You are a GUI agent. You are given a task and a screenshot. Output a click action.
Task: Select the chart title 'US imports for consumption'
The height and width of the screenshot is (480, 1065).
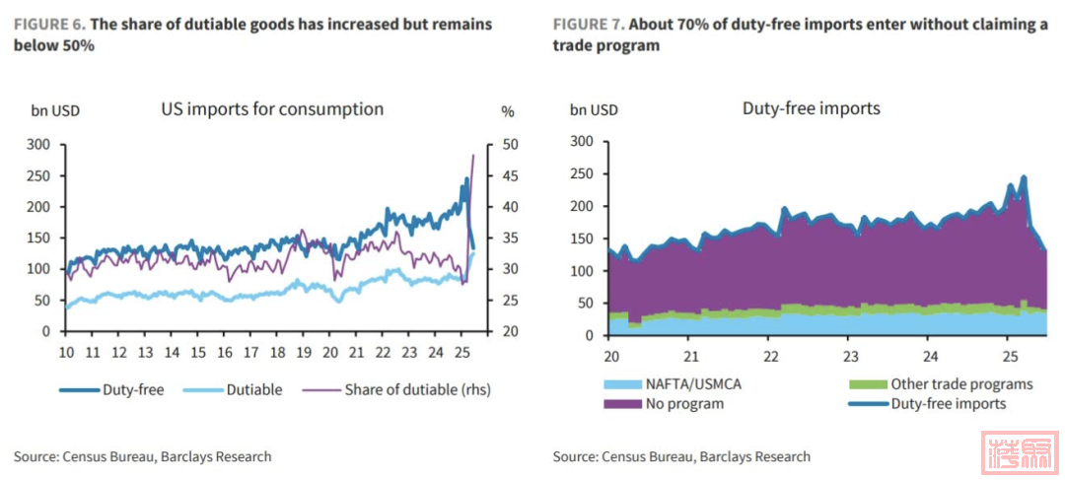[272, 109]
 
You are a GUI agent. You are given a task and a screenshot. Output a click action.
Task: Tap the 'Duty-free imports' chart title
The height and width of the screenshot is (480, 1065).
[811, 108]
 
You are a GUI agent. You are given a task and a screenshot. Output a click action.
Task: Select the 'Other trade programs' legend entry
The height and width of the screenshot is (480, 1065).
[947, 384]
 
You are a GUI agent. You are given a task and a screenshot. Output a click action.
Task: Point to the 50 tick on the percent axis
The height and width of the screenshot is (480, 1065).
[508, 144]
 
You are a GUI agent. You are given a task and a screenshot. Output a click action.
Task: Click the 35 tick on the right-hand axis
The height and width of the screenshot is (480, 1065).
[508, 238]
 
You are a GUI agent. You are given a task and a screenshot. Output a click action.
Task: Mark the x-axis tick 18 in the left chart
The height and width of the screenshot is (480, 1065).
[277, 352]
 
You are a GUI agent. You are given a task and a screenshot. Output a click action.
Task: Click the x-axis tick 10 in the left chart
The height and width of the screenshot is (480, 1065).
[65, 352]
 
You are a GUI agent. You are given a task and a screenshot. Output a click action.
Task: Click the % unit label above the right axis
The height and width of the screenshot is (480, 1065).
[508, 110]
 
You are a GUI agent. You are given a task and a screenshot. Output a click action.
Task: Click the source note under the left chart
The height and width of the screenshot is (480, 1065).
[142, 456]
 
